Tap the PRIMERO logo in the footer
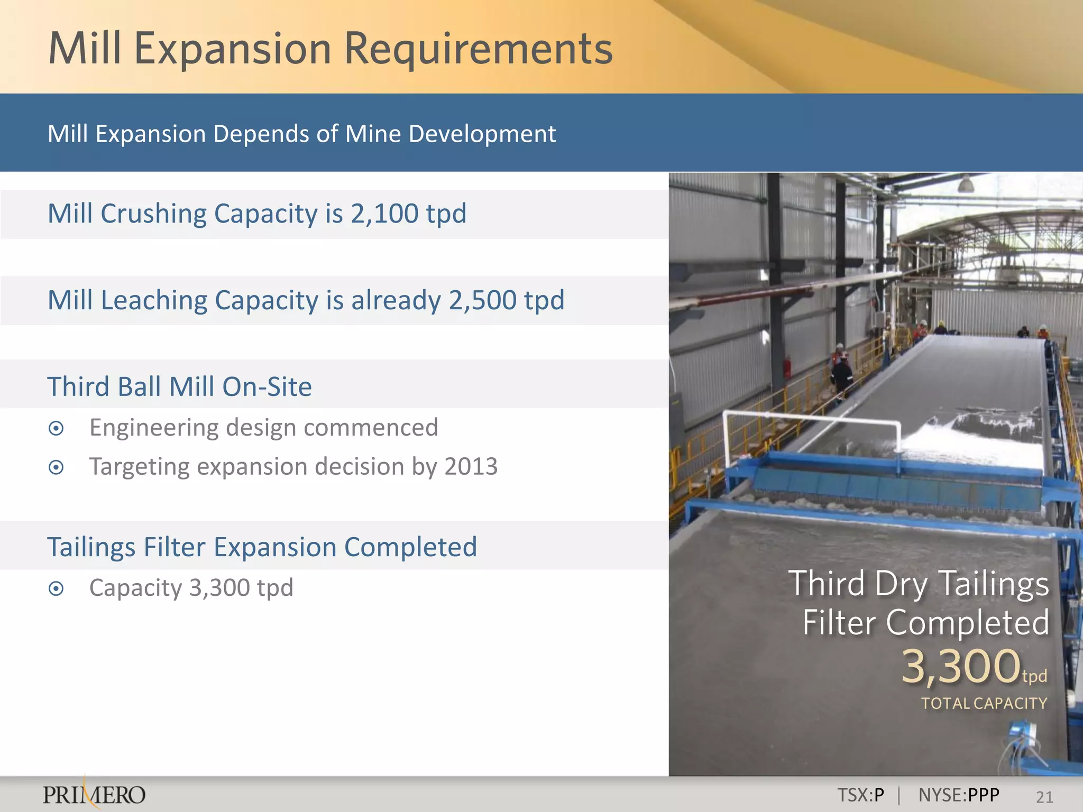coord(94,795)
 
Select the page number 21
coord(1044,797)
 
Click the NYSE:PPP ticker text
coord(958,795)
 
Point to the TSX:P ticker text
coord(860,795)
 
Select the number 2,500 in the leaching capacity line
coord(482,300)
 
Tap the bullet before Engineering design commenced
coord(56,428)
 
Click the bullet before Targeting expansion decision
coord(56,467)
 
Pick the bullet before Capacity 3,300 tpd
coord(56,588)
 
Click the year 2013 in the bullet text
coord(471,467)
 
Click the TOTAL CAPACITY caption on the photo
coord(984,704)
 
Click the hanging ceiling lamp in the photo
coord(966,184)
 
